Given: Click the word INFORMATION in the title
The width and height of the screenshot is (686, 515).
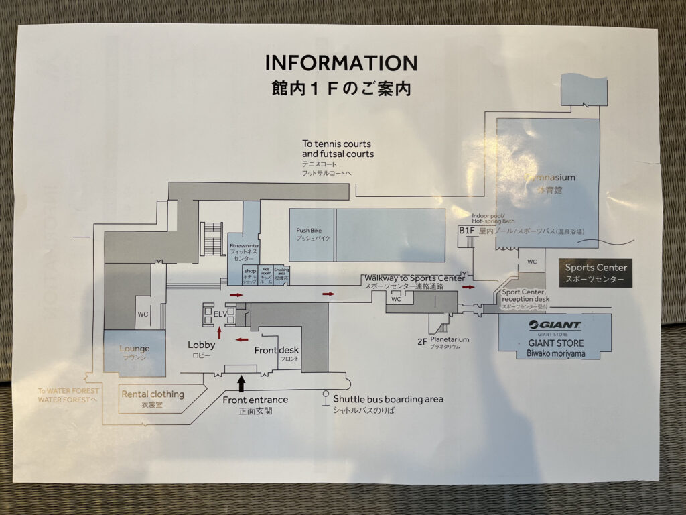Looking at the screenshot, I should click(341, 63).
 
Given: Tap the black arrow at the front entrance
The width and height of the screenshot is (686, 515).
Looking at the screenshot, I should click(241, 384).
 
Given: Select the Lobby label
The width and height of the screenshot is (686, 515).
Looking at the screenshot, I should click(201, 345).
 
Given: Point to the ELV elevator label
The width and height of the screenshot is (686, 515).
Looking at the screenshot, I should click(220, 313).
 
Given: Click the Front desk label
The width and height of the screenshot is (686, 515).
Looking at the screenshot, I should click(276, 350).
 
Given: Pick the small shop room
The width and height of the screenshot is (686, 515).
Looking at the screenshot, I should click(250, 274).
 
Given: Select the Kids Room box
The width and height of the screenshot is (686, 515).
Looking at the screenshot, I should click(266, 274).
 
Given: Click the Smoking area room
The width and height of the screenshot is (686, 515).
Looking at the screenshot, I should click(281, 274).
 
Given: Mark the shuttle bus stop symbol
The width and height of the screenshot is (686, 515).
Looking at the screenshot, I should click(326, 397).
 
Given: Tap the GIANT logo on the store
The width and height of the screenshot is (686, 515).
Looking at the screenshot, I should click(555, 325).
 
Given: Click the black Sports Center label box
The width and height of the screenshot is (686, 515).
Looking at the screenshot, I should click(596, 272).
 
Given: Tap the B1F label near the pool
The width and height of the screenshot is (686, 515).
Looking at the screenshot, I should click(466, 230).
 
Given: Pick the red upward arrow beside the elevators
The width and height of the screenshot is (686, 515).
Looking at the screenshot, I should click(220, 331).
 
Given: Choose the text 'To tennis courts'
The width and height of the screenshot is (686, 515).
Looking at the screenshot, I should click(336, 144).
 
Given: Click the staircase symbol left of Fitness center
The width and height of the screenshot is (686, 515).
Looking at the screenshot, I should click(212, 237).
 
